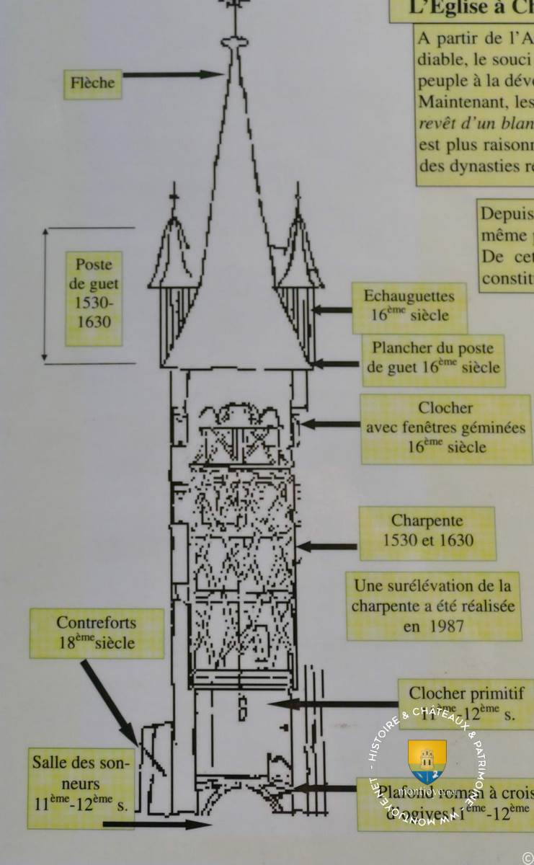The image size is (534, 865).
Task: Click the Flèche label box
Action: [92, 83]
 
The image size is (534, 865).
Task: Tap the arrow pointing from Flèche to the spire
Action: [173, 74]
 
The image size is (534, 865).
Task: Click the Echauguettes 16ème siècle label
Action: [409, 306]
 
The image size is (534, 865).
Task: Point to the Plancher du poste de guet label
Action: [433, 358]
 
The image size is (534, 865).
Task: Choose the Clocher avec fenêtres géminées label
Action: [445, 427]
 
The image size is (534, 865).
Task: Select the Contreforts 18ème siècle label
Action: [97, 632]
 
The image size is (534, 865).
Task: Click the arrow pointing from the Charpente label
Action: [327, 546]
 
